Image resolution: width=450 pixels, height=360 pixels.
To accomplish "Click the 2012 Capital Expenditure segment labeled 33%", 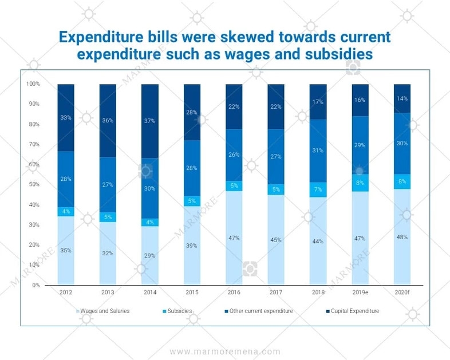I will (66, 118).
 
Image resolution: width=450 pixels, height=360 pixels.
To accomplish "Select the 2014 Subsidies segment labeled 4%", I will (150, 222).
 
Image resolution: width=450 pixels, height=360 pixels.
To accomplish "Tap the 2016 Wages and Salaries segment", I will (234, 238).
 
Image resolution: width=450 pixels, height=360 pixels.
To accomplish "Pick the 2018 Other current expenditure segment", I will (318, 151).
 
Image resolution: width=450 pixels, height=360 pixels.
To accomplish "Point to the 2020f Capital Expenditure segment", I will (402, 98).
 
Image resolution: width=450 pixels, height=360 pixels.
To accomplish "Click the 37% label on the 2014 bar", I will (150, 121).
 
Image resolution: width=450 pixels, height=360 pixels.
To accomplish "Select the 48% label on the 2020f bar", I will (402, 237).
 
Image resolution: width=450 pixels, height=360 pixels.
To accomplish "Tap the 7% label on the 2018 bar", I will (318, 189).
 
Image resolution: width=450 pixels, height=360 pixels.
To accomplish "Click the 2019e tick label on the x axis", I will (360, 292).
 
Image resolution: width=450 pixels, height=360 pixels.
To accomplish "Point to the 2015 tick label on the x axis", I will (192, 292).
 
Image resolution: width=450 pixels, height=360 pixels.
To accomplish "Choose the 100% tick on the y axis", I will (33, 84).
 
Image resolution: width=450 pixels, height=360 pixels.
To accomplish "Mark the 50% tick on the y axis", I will (34, 185).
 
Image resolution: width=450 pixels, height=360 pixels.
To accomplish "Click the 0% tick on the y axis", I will (36, 285).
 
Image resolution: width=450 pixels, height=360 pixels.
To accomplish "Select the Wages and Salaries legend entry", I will (105, 311).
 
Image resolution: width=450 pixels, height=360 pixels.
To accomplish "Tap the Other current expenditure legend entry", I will (261, 311).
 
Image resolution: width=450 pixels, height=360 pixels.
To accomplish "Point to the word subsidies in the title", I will (338, 54).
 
